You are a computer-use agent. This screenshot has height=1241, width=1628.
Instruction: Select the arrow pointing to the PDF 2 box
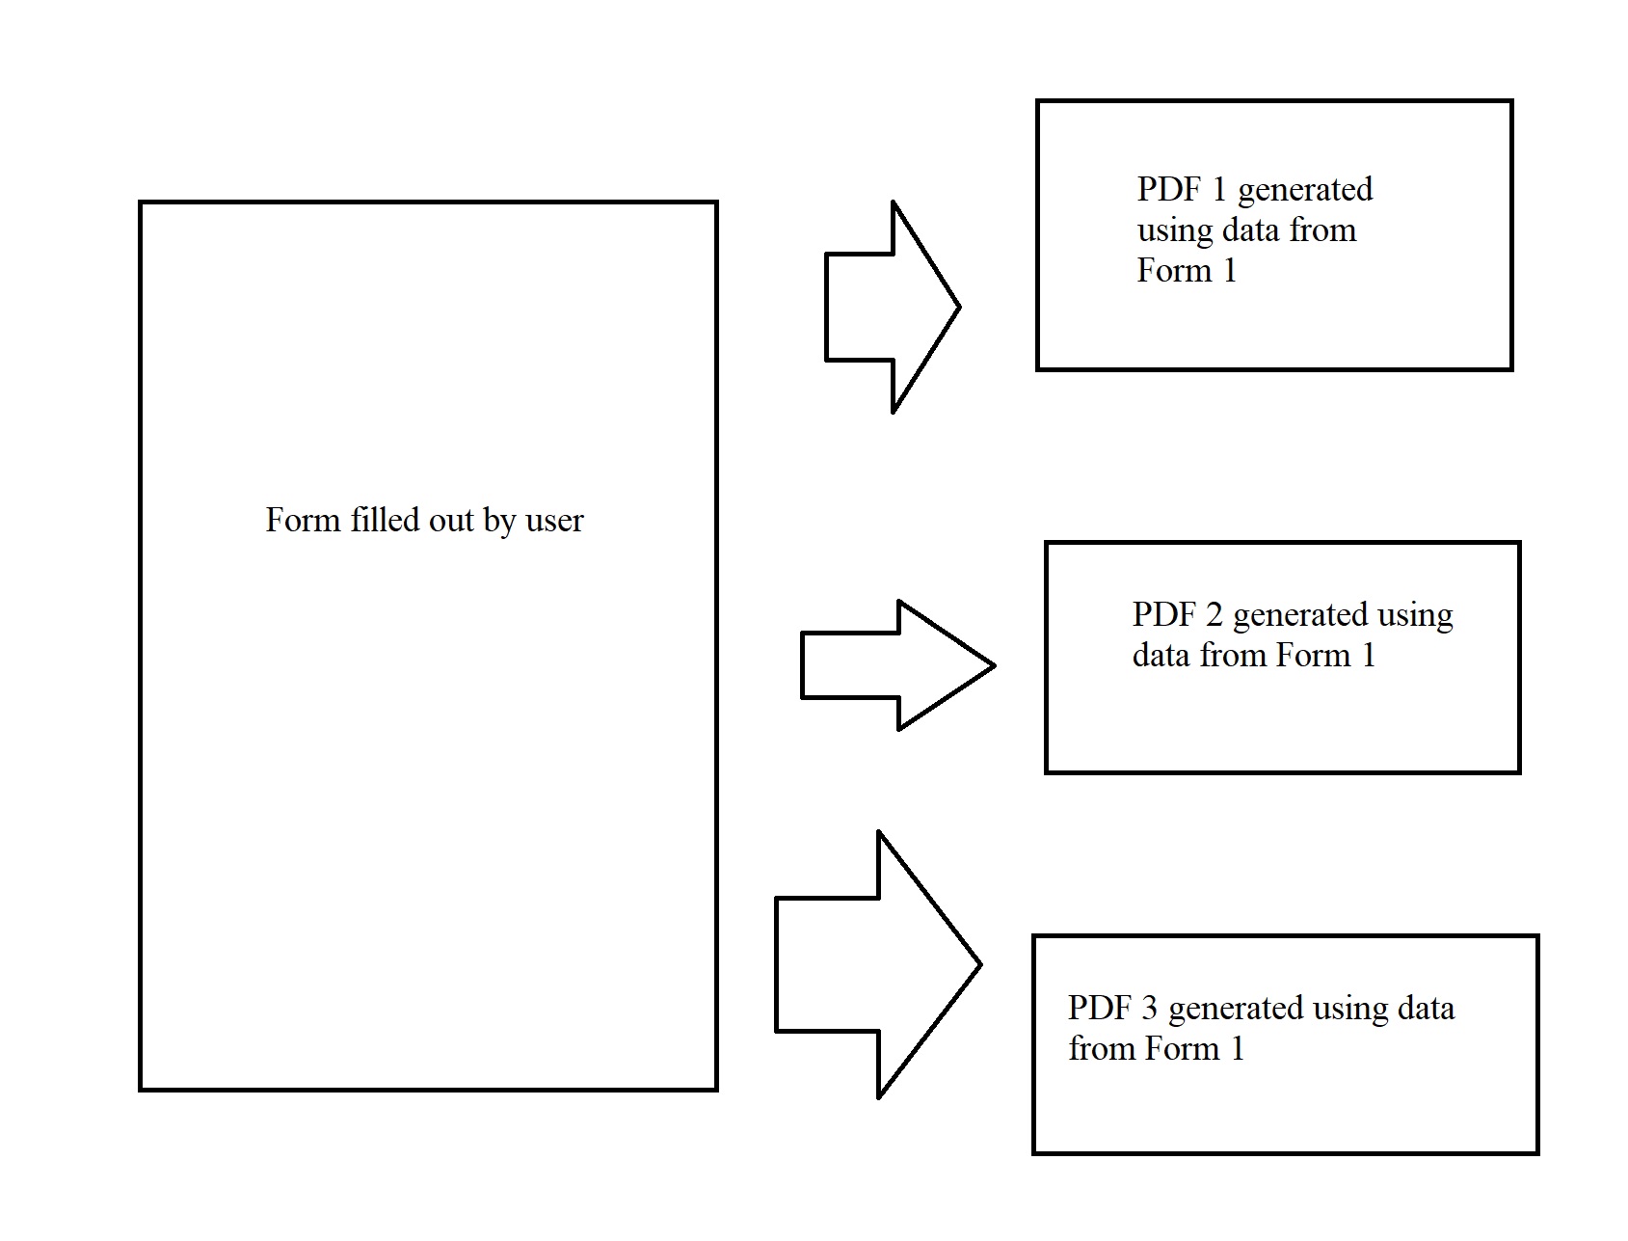pyautogui.click(x=895, y=664)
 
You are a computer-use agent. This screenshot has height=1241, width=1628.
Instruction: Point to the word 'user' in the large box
pyautogui.click(x=554, y=521)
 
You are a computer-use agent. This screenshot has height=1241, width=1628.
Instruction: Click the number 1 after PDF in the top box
pyautogui.click(x=1218, y=189)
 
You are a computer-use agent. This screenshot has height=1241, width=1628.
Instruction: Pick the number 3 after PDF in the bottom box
pyautogui.click(x=1149, y=1008)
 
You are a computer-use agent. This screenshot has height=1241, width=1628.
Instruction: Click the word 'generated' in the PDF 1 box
pyautogui.click(x=1305, y=191)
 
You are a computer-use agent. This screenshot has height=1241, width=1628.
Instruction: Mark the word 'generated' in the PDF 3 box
pyautogui.click(x=1236, y=1010)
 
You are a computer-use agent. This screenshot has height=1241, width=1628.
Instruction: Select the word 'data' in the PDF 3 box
pyautogui.click(x=1423, y=1008)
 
